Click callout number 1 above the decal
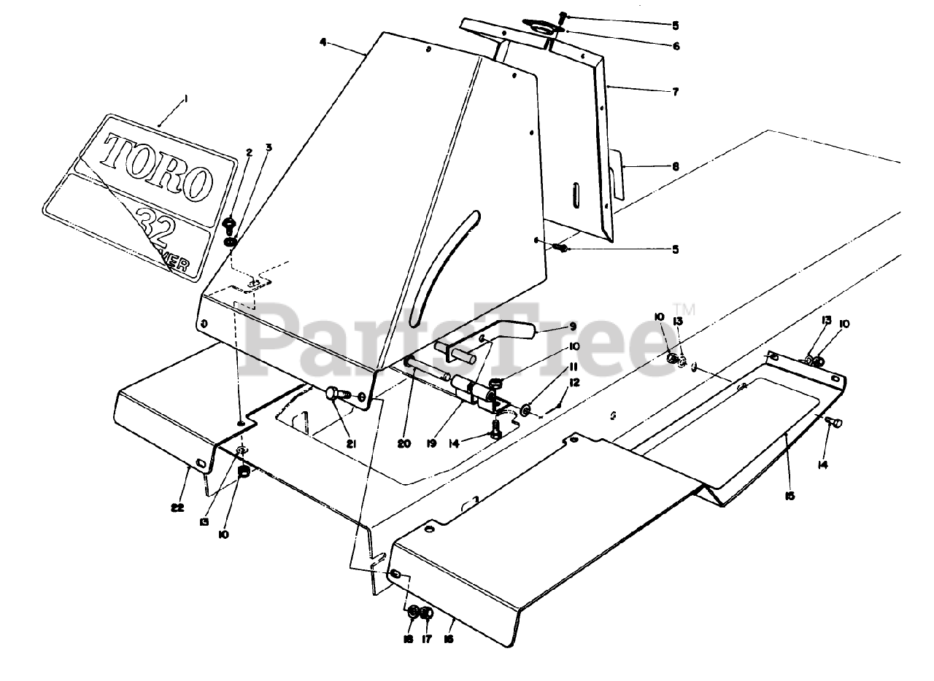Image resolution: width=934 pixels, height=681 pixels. (185, 98)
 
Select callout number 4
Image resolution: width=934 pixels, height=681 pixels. (323, 41)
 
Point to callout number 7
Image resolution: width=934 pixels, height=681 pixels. (675, 92)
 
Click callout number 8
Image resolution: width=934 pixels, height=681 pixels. (675, 167)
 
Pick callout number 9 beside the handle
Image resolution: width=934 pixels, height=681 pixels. (573, 326)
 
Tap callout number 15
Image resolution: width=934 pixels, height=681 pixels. (790, 496)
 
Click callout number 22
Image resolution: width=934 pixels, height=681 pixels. (177, 507)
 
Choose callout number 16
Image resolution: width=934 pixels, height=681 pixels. (449, 639)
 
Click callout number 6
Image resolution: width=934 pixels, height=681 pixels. (675, 46)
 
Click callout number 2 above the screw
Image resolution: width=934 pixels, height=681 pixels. (250, 153)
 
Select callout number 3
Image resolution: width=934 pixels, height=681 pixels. (269, 148)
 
